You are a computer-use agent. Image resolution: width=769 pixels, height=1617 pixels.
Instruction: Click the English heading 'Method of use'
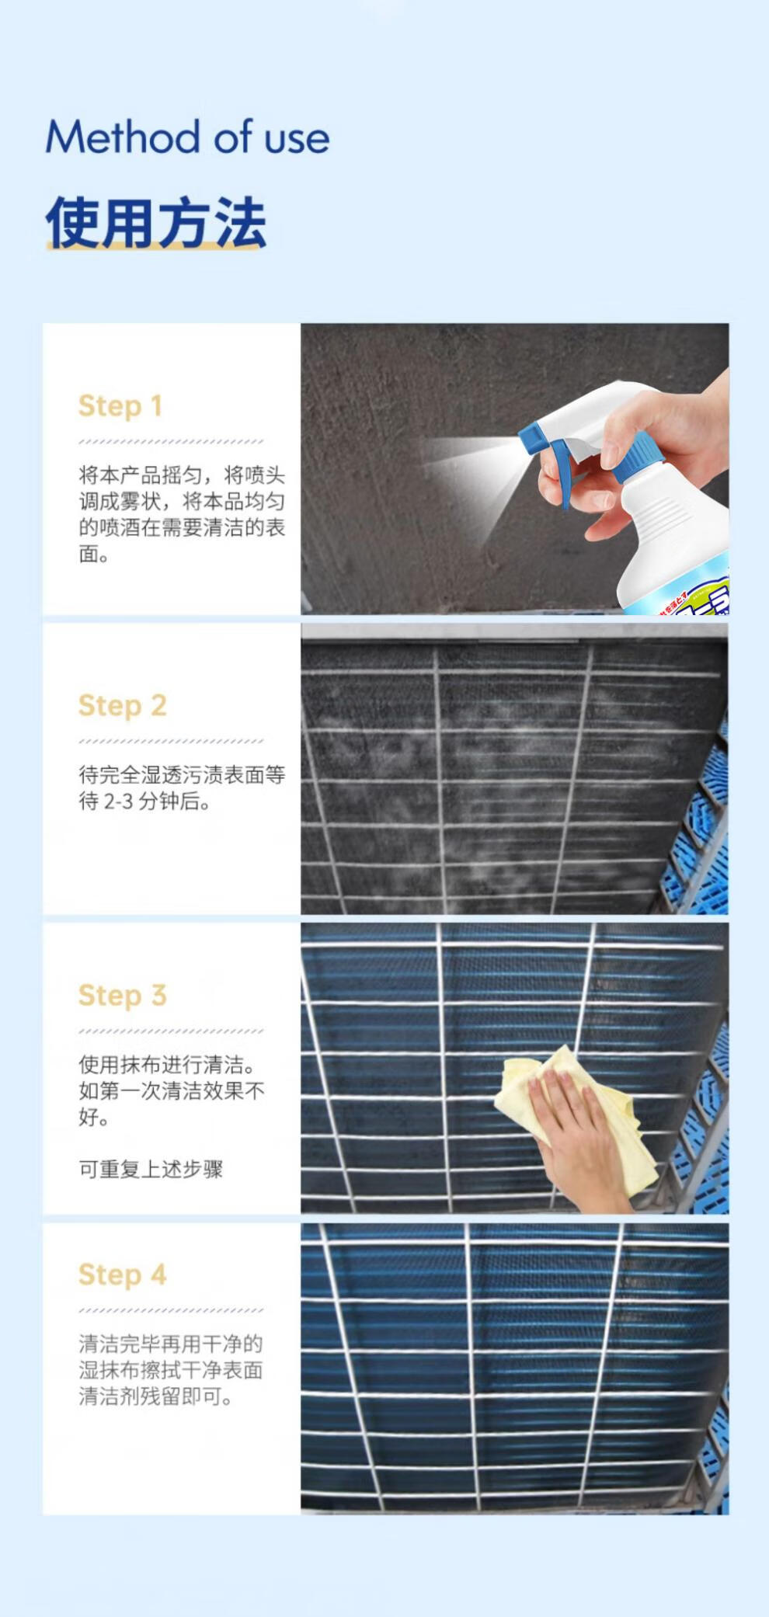(187, 137)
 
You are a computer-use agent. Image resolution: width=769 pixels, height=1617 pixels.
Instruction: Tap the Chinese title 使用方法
(156, 222)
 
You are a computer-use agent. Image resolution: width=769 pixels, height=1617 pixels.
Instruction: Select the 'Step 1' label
(120, 405)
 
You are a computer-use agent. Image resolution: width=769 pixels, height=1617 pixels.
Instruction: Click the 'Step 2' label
(123, 705)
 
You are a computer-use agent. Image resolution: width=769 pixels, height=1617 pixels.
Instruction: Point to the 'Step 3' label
(123, 995)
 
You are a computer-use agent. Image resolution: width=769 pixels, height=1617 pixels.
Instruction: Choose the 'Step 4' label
(123, 1274)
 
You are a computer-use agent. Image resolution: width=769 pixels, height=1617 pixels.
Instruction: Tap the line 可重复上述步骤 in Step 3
(151, 1168)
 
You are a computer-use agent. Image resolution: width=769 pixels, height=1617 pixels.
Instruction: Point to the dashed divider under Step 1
(171, 441)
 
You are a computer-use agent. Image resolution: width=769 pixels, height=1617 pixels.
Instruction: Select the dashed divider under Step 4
(171, 1310)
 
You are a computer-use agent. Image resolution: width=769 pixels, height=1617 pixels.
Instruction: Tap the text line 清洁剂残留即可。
(156, 1396)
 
